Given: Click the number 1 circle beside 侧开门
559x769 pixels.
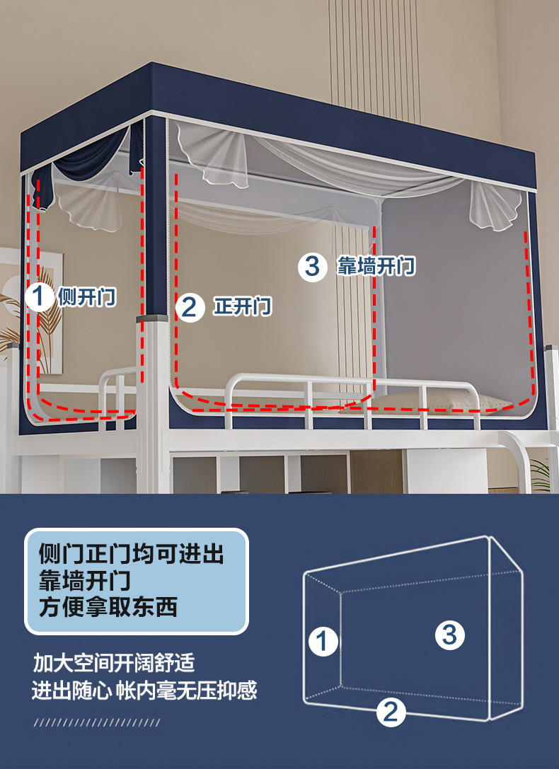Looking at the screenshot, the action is [x=40, y=296].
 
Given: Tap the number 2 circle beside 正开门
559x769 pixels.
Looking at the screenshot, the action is [x=189, y=307].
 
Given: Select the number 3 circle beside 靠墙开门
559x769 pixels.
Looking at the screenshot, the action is [x=312, y=267].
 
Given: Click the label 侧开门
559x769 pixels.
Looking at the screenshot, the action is [x=86, y=297].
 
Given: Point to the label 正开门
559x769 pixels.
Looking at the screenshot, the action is [x=242, y=307].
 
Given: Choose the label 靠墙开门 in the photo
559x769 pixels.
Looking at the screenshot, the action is [x=375, y=267].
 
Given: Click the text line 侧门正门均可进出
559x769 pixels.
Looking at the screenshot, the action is [x=132, y=554].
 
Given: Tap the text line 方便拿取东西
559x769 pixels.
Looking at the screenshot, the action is [x=108, y=607].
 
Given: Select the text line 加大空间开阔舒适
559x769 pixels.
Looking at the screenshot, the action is [x=114, y=664].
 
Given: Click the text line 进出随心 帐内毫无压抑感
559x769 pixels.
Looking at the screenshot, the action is [x=144, y=690].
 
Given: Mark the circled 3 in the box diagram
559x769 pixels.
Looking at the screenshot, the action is [x=449, y=634].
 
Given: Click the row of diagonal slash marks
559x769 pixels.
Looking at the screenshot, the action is [x=97, y=722].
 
